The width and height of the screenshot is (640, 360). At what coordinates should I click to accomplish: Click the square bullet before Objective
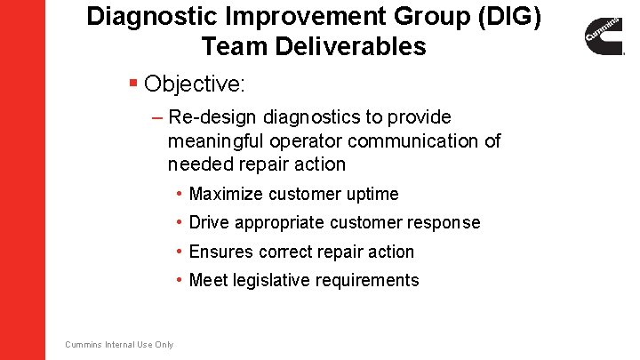132,84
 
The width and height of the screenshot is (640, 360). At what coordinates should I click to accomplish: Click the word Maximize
227,194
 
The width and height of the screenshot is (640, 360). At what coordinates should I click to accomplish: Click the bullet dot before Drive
180,222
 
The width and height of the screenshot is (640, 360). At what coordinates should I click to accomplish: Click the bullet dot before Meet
180,280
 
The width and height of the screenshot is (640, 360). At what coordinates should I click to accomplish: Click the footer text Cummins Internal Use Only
119,345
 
